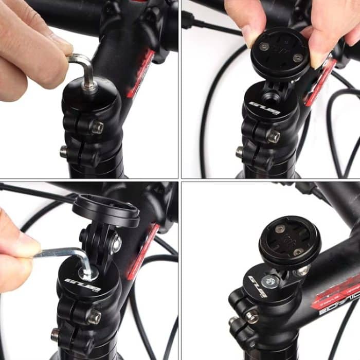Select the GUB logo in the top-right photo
[264, 108]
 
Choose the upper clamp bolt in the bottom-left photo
[94, 316]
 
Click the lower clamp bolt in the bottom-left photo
[55, 335]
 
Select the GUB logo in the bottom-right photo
[258, 286]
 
